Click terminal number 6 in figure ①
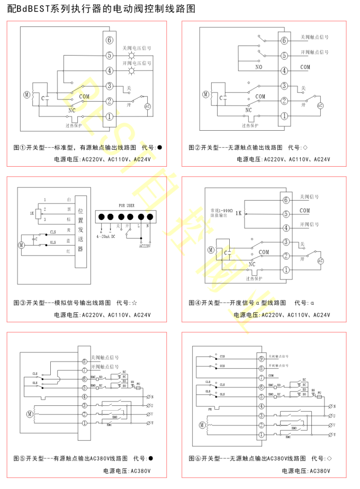109,40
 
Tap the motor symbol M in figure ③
22,245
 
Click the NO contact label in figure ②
258,67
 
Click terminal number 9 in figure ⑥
261,358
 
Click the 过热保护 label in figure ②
250,125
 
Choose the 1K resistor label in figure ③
32,214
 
